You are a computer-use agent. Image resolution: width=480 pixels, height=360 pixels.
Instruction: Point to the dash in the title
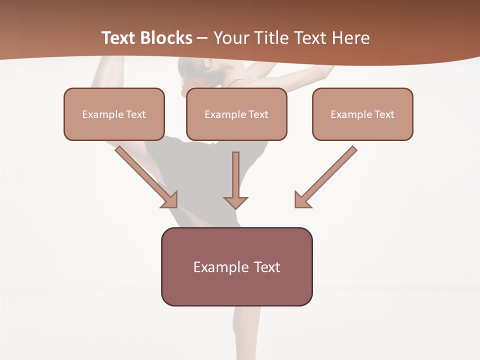pyautogui.click(x=202, y=38)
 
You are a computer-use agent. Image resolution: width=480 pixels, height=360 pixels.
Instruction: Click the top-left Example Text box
pyautogui.click(x=114, y=114)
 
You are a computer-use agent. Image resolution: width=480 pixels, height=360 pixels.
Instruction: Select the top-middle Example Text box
pyautogui.click(x=236, y=114)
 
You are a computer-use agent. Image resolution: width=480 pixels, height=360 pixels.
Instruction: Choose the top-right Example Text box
pyautogui.click(x=362, y=114)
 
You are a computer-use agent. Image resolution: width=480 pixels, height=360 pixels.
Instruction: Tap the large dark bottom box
pyautogui.click(x=236, y=266)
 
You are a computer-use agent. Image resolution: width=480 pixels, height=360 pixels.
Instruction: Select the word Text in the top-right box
pyautogui.click(x=384, y=114)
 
